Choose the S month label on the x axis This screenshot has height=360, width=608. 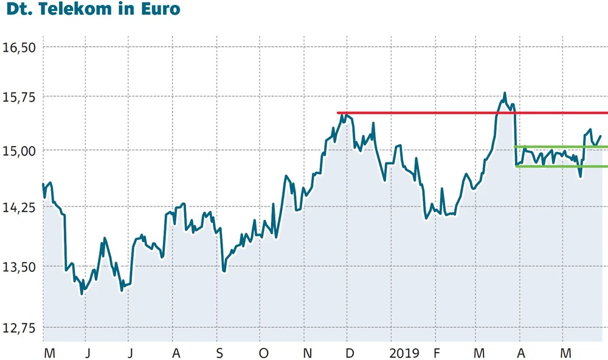pos(220,353)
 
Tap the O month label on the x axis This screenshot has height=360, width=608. pos(263,353)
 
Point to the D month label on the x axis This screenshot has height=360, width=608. pos(350,353)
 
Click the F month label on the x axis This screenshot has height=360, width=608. pos(437,353)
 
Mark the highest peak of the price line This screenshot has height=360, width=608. pos(505,94)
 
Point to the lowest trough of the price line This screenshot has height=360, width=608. pos(81,294)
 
